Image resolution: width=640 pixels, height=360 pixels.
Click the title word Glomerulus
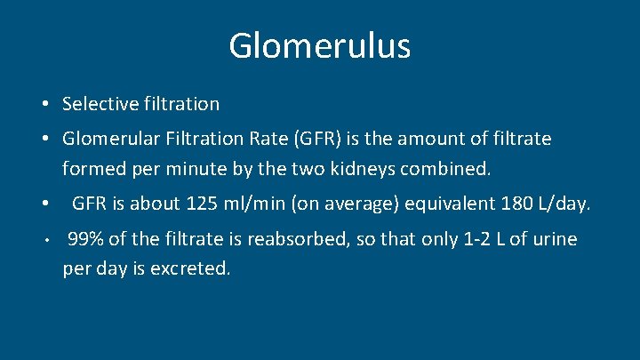pos(319,45)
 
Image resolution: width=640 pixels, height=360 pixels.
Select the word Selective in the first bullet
pos(100,104)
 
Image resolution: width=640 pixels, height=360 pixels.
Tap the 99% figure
pos(84,239)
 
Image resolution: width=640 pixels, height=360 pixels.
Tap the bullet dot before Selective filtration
pos(44,105)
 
